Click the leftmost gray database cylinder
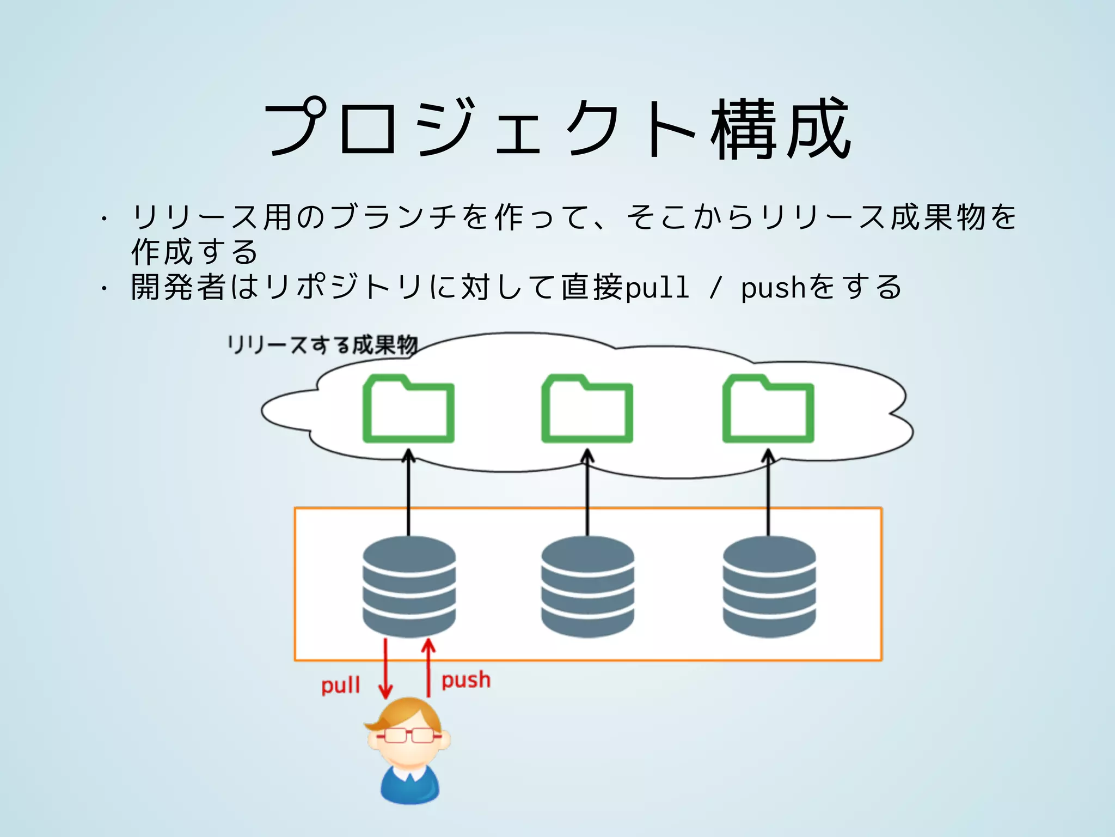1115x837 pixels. [x=409, y=586]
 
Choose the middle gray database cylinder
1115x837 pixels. [x=587, y=586]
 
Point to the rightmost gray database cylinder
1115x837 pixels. [x=769, y=586]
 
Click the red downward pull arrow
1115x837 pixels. [x=385, y=668]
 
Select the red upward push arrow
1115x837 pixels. [x=428, y=668]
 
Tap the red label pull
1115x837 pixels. [x=341, y=684]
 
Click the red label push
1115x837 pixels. [x=465, y=680]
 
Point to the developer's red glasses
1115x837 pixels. [x=409, y=736]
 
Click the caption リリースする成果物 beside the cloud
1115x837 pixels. [x=322, y=345]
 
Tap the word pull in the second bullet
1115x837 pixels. [x=658, y=287]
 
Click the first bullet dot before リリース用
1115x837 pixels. [x=103, y=219]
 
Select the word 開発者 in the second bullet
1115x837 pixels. [x=178, y=287]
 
